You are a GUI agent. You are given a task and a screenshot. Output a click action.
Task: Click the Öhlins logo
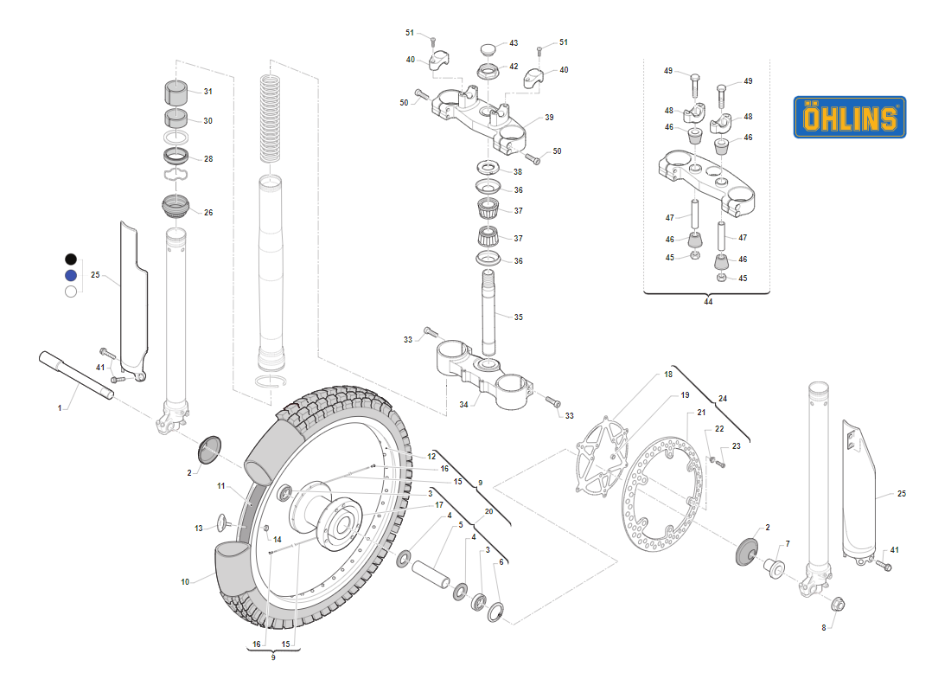click(849, 117)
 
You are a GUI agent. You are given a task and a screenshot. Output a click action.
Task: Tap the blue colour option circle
click(71, 275)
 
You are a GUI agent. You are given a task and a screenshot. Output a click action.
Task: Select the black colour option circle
click(71, 259)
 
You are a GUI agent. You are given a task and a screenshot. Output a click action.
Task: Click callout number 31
click(207, 92)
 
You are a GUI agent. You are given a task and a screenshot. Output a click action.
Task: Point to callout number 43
click(514, 43)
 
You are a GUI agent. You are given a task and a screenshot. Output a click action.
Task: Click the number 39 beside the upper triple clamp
click(549, 118)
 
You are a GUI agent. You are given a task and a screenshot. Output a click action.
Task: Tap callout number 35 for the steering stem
click(518, 317)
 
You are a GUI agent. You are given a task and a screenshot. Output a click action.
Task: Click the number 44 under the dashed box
click(708, 302)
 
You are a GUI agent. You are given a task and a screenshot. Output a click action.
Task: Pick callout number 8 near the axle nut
click(823, 628)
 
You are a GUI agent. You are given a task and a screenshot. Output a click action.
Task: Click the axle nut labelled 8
click(838, 603)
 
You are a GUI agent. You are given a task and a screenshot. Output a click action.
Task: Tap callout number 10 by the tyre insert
click(185, 582)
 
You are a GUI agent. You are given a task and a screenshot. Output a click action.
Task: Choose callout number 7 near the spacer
click(787, 545)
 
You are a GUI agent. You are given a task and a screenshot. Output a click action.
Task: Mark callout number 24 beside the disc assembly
click(723, 399)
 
